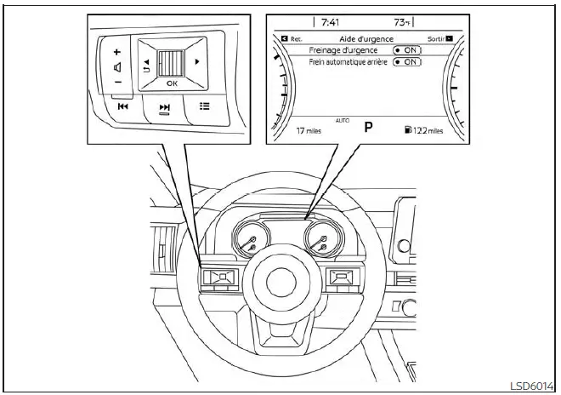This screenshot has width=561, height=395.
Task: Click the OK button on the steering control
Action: (x=172, y=84)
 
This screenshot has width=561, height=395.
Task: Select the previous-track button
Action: (x=123, y=107)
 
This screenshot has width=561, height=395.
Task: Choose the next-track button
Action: (x=165, y=107)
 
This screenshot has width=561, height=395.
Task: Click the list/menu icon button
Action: (x=204, y=106)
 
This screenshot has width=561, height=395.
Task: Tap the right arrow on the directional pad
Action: (x=197, y=62)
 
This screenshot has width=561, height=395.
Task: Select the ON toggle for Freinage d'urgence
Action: (x=407, y=50)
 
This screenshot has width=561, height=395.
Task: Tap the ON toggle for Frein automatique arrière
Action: (x=407, y=62)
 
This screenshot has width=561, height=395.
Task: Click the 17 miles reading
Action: (x=308, y=132)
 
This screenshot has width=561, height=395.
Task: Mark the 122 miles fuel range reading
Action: (x=425, y=131)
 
